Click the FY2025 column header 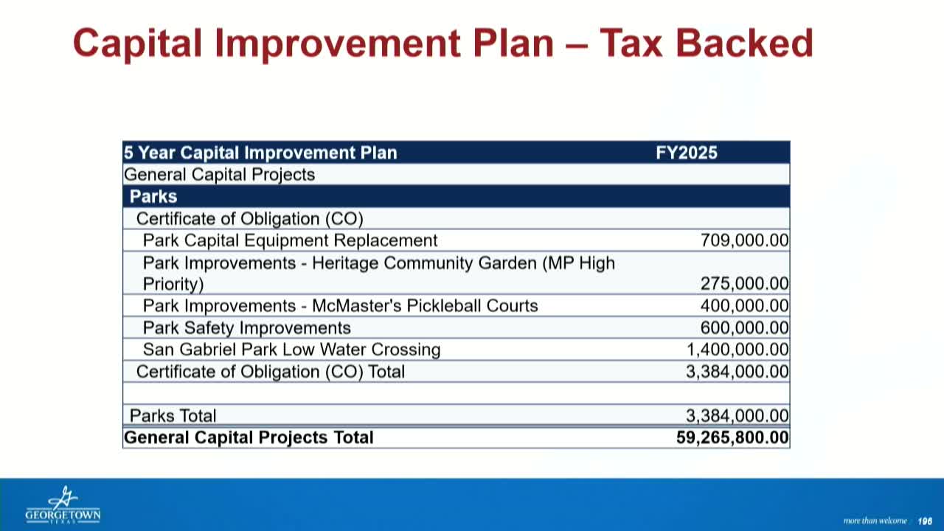(686, 153)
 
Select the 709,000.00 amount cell (744, 240)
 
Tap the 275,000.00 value (744, 284)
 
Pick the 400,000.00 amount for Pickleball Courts (744, 306)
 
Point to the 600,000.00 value (744, 327)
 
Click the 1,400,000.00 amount (737, 350)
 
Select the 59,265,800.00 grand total (732, 437)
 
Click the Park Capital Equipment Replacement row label (290, 240)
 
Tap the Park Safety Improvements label (246, 327)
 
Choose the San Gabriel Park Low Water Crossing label (291, 350)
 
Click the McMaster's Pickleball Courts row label (340, 306)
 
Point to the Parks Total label (173, 416)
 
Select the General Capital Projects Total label (249, 437)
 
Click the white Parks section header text (153, 196)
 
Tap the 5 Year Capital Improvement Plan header (260, 153)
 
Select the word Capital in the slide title (137, 43)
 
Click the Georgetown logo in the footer (63, 506)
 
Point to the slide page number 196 (925, 521)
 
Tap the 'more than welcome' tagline (875, 521)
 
